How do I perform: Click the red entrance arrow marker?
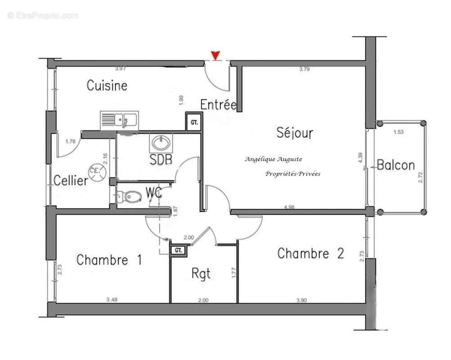(x=216, y=55)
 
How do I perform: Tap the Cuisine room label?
(x=107, y=85)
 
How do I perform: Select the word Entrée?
(x=218, y=105)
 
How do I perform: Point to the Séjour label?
(x=294, y=133)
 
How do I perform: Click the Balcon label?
(x=396, y=165)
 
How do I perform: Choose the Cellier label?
(x=71, y=181)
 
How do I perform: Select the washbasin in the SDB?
(x=161, y=143)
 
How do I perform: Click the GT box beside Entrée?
(x=194, y=122)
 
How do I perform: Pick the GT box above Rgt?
(x=178, y=250)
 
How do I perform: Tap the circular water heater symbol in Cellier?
(x=97, y=171)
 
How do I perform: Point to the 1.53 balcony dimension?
(x=399, y=132)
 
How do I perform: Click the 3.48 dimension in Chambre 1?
(x=112, y=299)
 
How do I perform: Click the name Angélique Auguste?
(x=273, y=159)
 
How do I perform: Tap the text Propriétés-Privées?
(x=293, y=174)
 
